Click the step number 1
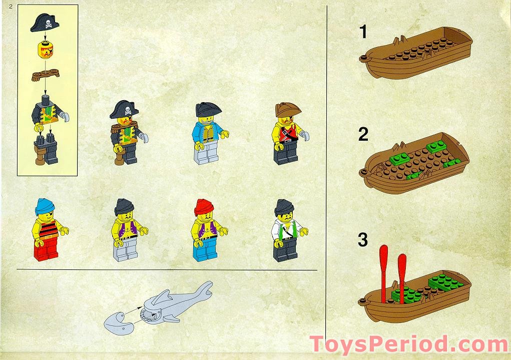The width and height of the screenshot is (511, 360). click(363, 32)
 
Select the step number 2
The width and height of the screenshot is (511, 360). click(363, 134)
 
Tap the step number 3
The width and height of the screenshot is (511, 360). click(363, 240)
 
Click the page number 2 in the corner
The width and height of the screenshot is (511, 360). click(11, 6)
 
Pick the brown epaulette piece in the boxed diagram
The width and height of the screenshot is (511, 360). click(46, 75)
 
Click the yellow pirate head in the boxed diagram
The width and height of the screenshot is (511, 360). click(46, 50)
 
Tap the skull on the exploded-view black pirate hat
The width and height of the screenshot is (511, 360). click(48, 23)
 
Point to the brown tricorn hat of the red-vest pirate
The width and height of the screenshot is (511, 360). click(287, 110)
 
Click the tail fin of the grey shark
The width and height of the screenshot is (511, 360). click(204, 289)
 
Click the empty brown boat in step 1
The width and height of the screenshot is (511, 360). click(416, 52)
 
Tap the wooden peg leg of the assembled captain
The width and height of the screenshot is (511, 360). click(120, 158)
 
